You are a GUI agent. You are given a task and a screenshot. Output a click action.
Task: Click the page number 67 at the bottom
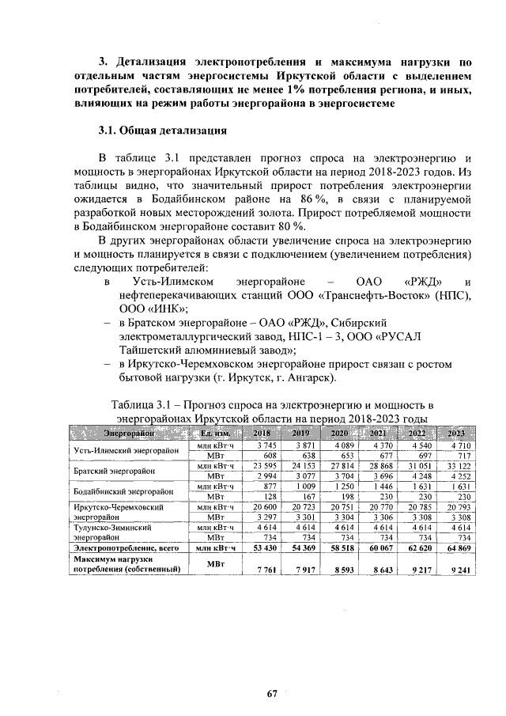271,694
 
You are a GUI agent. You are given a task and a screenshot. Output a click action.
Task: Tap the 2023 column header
455,433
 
